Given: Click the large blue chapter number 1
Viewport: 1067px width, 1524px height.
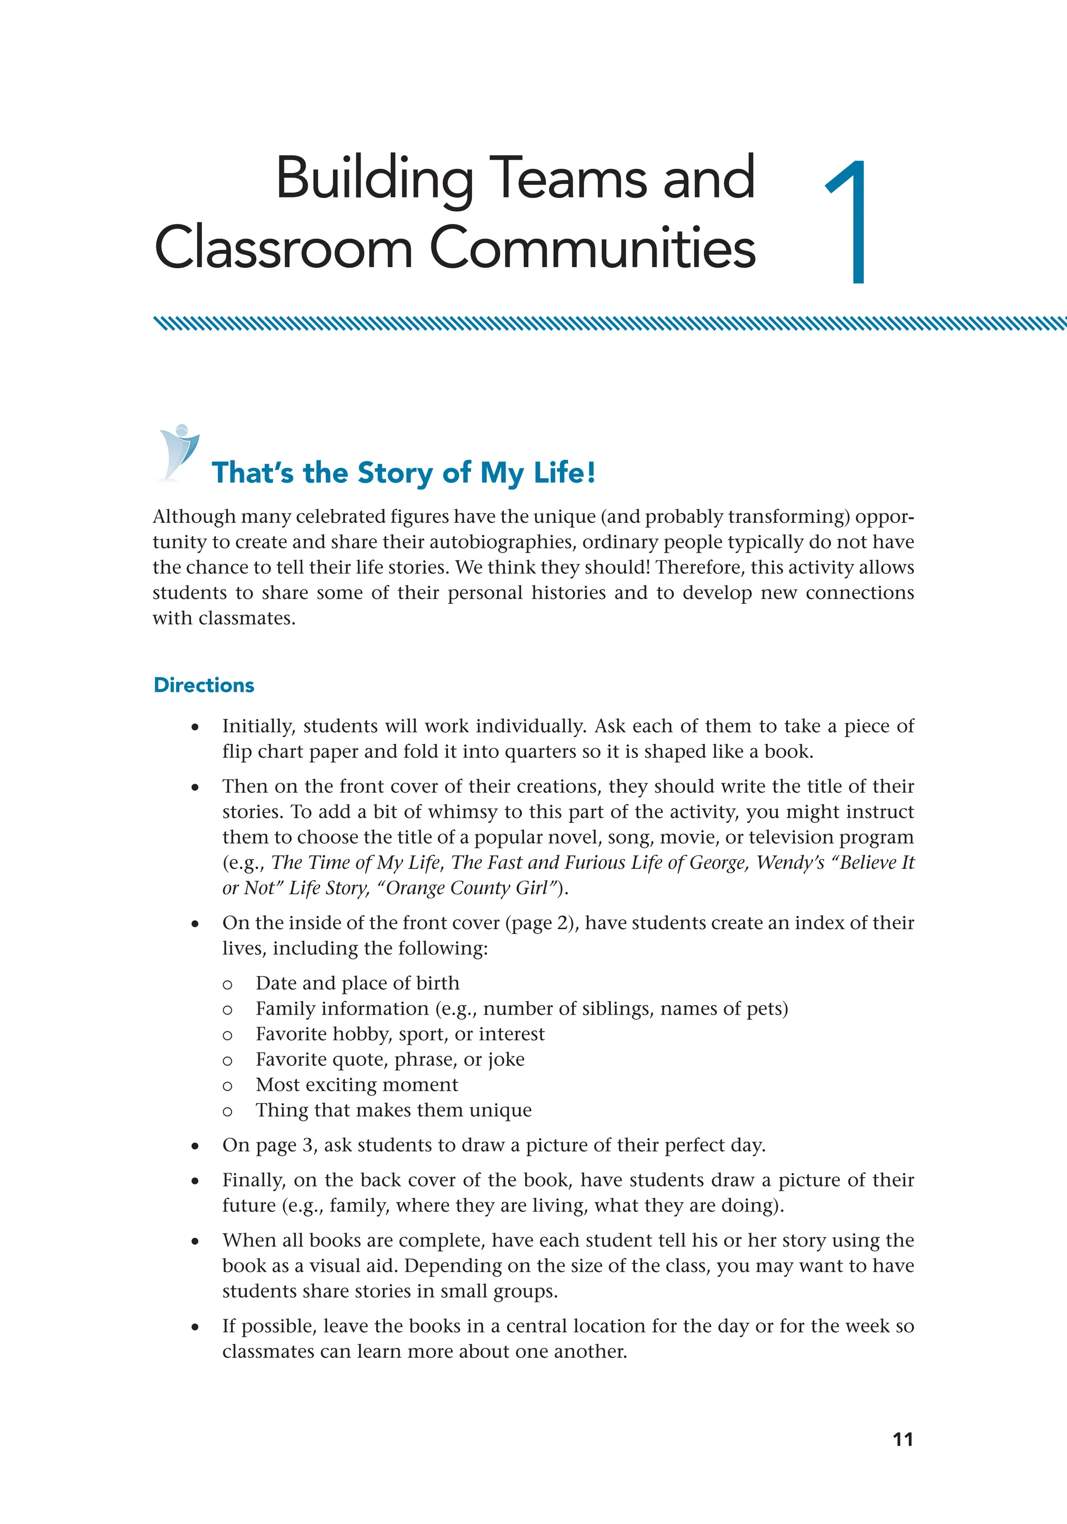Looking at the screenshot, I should pos(850,222).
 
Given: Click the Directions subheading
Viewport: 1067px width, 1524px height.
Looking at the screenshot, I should pos(204,685).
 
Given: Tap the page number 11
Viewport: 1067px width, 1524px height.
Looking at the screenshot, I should pos(902,1439).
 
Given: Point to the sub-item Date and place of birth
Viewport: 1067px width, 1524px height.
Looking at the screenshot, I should pos(357,983).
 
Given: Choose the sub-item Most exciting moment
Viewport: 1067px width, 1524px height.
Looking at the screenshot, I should pos(356,1084).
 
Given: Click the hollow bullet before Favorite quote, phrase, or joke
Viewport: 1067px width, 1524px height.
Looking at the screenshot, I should pos(228,1060).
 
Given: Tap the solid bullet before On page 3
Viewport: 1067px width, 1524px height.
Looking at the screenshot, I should pos(194,1146).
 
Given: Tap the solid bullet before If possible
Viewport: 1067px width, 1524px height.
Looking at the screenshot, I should pos(194,1328).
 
